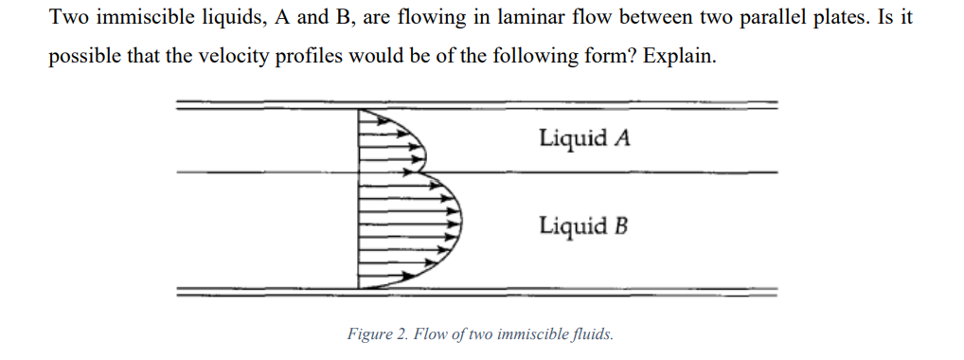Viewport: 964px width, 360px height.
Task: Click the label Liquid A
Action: pos(584,138)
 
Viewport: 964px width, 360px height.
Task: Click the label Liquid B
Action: pos(583,226)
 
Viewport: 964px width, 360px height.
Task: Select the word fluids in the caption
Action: pos(592,333)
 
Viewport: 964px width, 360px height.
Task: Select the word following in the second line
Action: pos(593,55)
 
